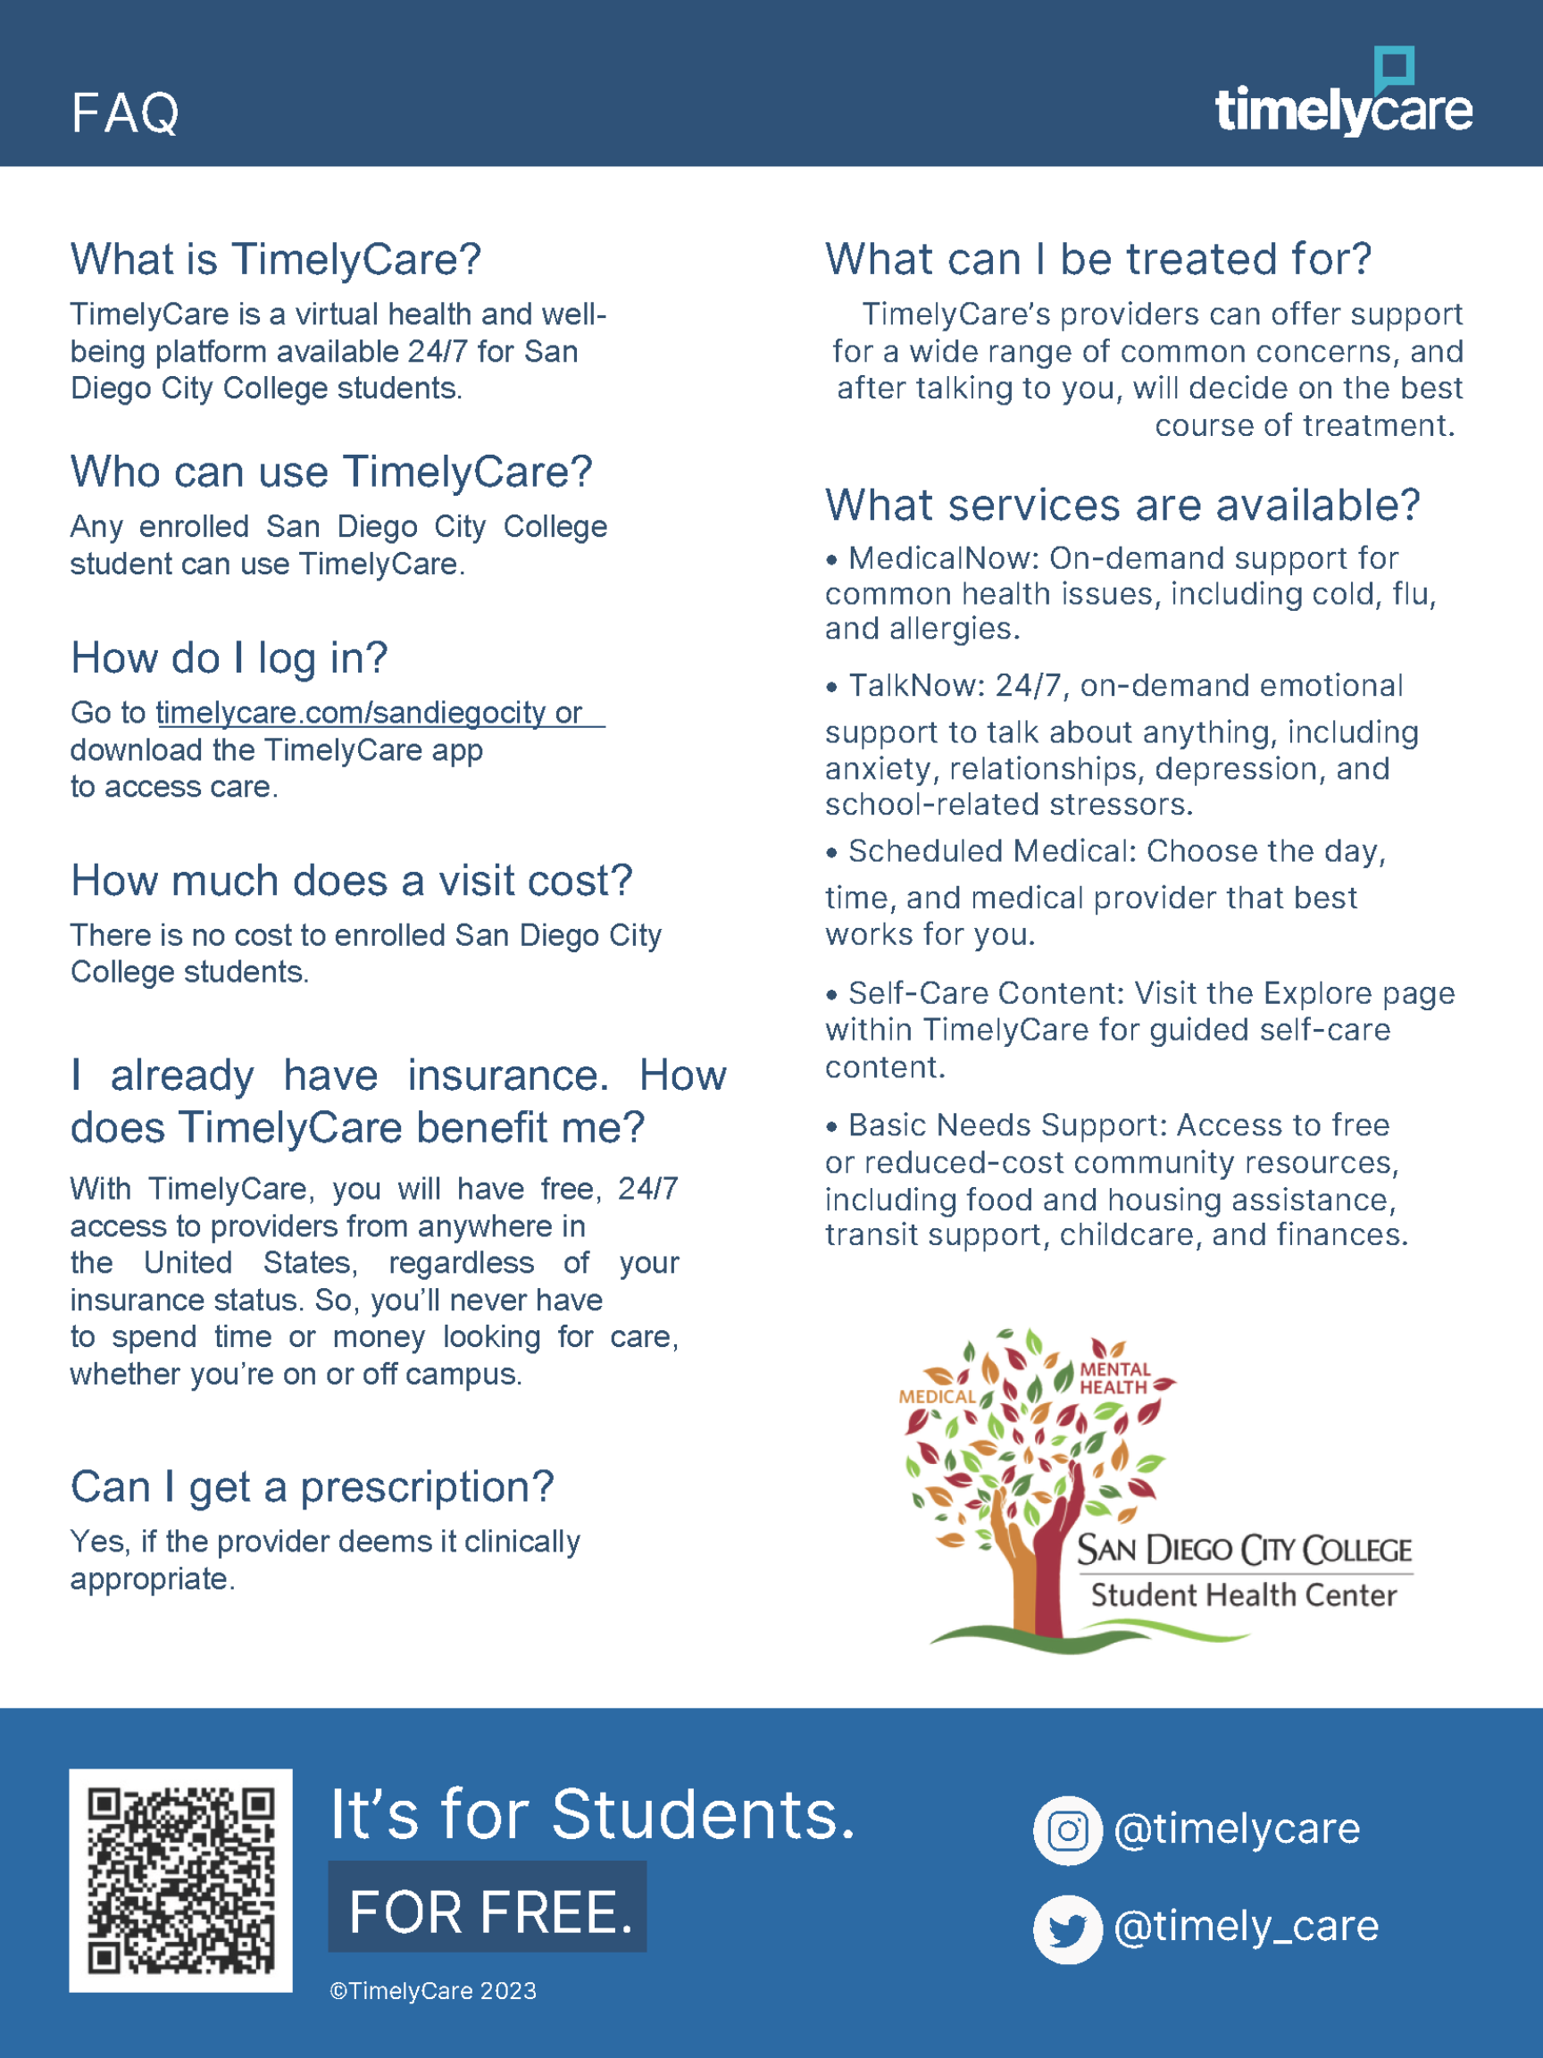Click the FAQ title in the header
click(125, 113)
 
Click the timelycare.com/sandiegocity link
click(351, 713)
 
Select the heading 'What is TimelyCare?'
click(275, 259)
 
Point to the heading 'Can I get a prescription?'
click(312, 1486)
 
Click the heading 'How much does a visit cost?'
click(351, 880)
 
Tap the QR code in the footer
click(180, 1880)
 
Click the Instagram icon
click(1067, 1831)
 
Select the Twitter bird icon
click(1067, 1928)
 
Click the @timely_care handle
click(1245, 1926)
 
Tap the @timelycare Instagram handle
click(1236, 1829)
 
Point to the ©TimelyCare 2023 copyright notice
click(432, 1991)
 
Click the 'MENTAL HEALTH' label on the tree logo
click(1114, 1378)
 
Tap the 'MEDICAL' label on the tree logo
click(937, 1397)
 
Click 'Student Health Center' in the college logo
click(1243, 1594)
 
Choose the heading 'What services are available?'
click(1122, 506)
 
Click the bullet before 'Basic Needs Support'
click(831, 1126)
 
